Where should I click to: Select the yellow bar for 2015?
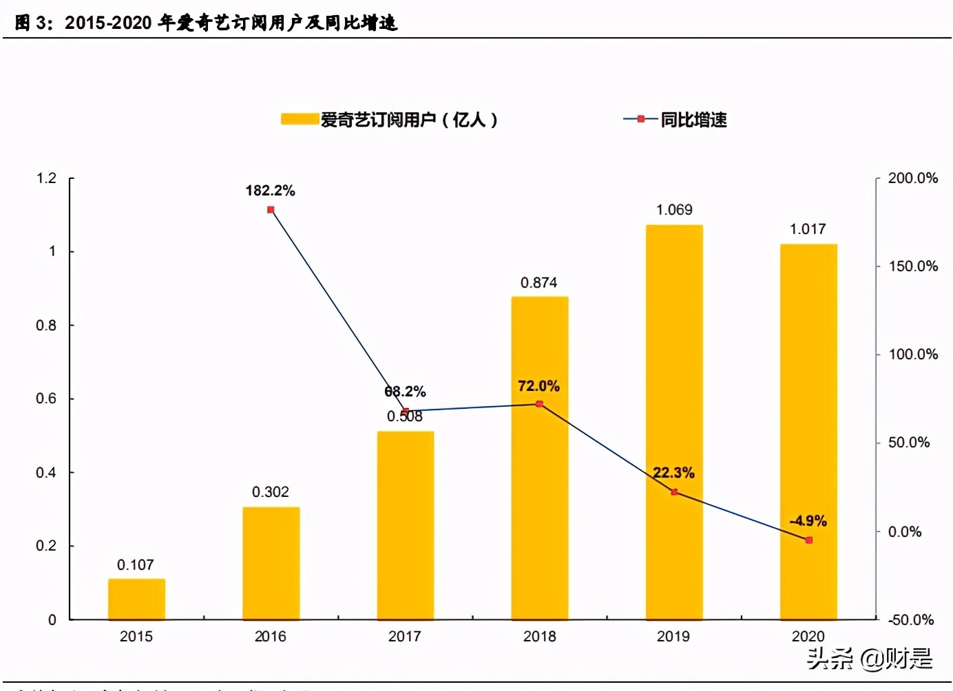point(136,599)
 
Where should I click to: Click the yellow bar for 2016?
point(271,563)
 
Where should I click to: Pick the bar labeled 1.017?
point(808,432)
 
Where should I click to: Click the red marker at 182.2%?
point(271,209)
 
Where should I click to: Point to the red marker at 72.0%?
point(539,404)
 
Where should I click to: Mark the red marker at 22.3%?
point(674,492)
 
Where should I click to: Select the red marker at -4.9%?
point(808,540)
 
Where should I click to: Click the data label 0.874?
point(538,283)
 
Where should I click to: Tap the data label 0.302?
point(270,492)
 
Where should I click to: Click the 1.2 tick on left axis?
point(46,178)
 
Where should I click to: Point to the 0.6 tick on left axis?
point(46,398)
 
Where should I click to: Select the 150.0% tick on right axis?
point(913,266)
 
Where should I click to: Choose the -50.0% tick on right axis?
point(910,620)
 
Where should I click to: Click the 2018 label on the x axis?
point(539,637)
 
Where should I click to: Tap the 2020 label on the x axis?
point(808,637)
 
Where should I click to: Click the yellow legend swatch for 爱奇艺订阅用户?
point(300,119)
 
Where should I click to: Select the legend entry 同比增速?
point(693,120)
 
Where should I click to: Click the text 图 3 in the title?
point(32,23)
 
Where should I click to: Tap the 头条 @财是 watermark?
point(869,659)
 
